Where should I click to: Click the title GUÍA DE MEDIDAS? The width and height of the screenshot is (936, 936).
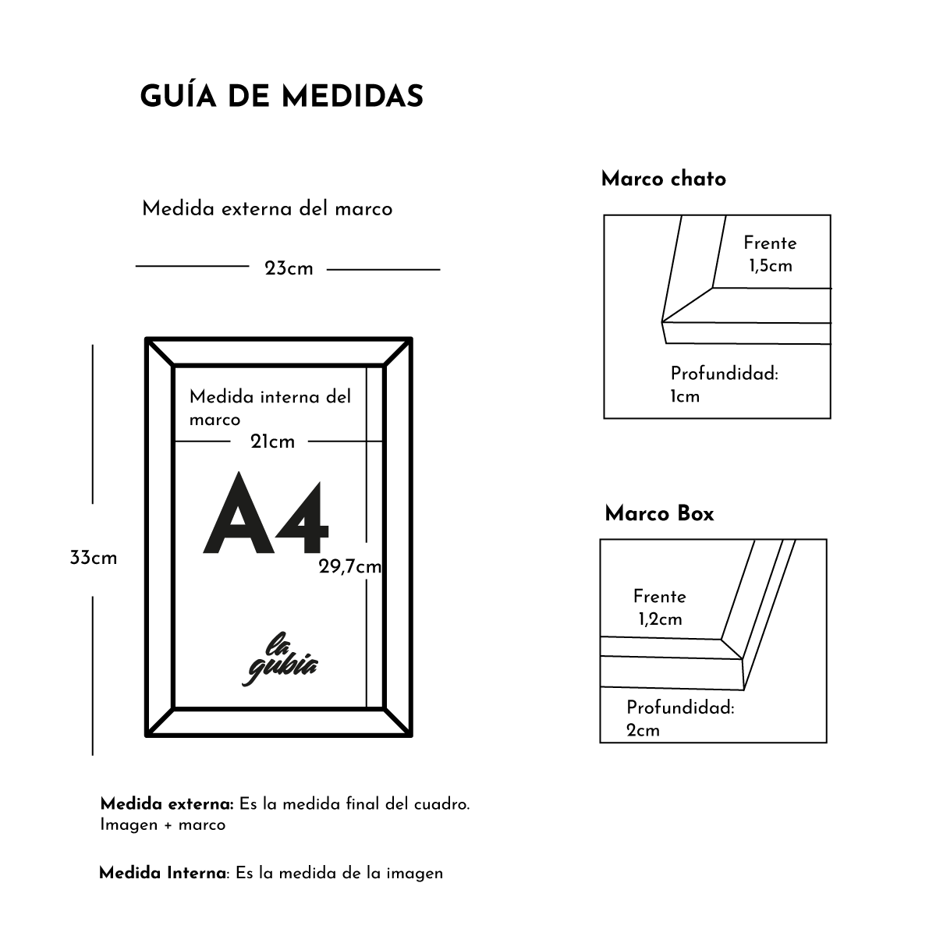click(282, 97)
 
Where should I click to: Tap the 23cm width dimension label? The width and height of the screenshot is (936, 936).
click(289, 269)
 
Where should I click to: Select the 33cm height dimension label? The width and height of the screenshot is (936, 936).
click(93, 558)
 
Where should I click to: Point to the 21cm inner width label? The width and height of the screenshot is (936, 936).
click(272, 442)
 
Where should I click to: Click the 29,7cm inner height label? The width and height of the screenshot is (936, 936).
click(349, 567)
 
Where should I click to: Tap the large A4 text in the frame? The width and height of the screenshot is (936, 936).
click(266, 515)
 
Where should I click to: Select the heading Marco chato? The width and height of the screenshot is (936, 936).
click(663, 179)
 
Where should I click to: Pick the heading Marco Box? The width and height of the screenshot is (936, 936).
click(659, 514)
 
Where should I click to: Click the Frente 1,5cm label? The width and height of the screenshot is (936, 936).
click(770, 254)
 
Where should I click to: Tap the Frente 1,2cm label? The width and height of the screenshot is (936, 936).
click(660, 608)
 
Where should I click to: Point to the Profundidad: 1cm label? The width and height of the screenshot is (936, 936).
click(724, 385)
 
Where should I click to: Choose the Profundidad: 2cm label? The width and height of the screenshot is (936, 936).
click(680, 718)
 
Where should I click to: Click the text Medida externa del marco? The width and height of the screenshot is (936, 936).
click(267, 209)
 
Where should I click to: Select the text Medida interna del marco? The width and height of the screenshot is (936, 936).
click(270, 407)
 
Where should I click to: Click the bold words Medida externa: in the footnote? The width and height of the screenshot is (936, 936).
click(167, 804)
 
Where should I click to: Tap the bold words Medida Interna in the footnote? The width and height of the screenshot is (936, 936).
click(162, 874)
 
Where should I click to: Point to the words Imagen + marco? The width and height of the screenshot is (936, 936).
click(162, 824)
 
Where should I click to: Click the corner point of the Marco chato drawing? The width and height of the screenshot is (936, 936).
click(662, 321)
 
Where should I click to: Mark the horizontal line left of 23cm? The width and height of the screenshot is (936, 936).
click(192, 267)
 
